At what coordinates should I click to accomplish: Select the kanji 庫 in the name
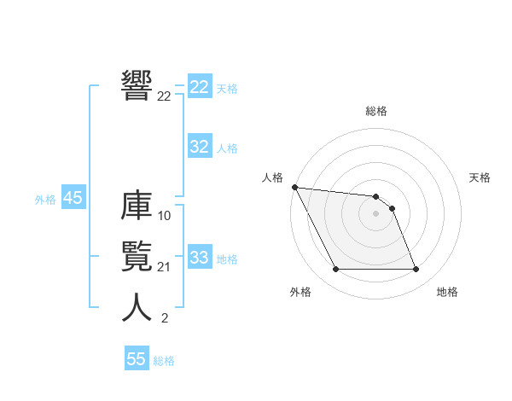137,207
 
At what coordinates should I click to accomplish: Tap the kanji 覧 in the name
137,258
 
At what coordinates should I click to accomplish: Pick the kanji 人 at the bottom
137,308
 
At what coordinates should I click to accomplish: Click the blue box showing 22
199,87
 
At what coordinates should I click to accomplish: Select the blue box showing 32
199,147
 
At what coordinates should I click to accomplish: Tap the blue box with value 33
199,258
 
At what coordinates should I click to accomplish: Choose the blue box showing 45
73,198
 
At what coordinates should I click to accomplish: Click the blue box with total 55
137,359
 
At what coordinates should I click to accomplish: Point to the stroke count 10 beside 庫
165,216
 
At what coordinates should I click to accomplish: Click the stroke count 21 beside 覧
165,267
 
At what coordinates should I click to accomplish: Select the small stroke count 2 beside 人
164,318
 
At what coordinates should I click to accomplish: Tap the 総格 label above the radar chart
376,111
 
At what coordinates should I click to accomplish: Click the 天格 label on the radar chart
480,177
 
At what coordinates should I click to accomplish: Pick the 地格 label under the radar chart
447,292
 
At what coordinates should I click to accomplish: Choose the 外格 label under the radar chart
300,292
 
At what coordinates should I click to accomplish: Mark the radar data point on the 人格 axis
294,187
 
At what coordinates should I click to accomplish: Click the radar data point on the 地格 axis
416,270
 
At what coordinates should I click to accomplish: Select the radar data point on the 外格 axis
336,270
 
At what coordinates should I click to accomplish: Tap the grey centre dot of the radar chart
376,213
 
